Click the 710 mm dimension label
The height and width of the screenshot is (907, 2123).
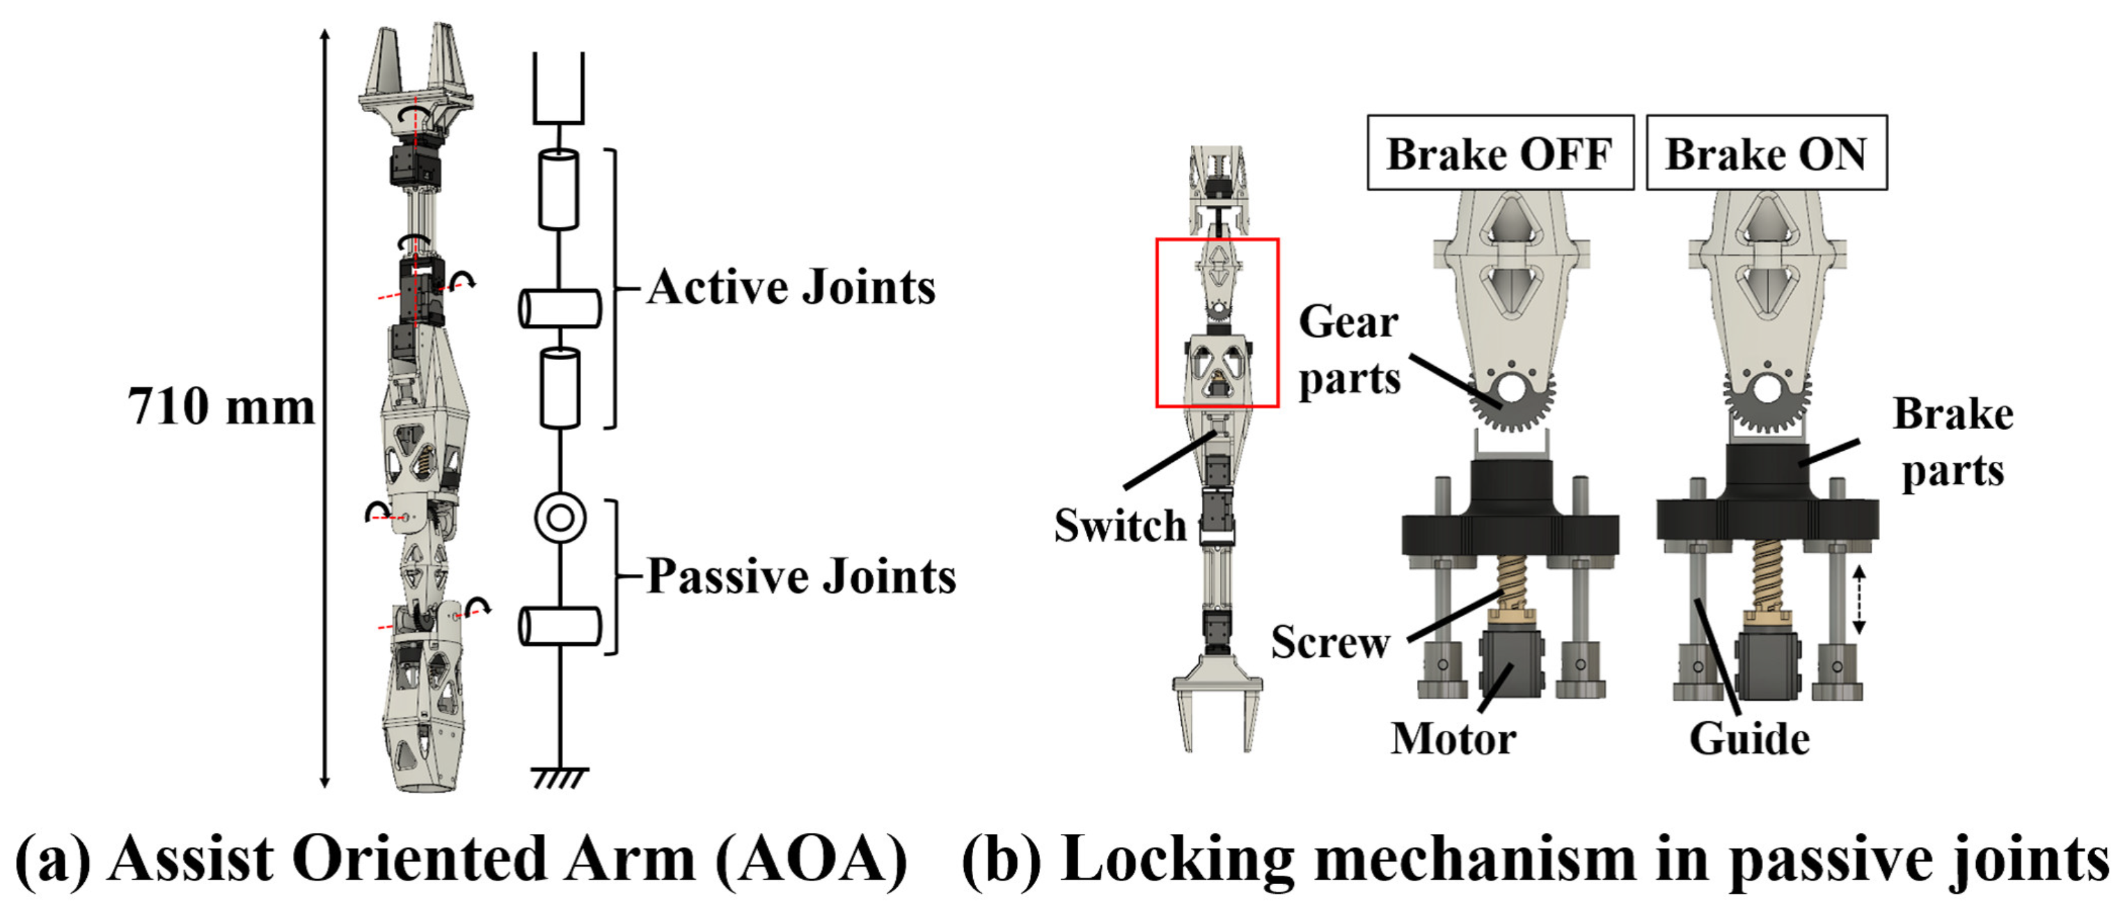pos(221,407)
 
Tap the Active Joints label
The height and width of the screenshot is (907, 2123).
pos(791,288)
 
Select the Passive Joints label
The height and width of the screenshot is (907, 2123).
pos(801,575)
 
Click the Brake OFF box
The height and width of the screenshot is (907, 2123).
pos(1500,153)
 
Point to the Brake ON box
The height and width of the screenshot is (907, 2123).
pos(1766,153)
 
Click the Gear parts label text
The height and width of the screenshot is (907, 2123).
pos(1349,350)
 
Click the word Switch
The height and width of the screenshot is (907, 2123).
pos(1119,525)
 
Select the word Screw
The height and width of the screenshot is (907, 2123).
pos(1330,642)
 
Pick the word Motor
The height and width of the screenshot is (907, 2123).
pos(1453,738)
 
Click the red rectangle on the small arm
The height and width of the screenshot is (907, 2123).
pos(1217,323)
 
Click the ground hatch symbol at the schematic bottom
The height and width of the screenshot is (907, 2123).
pos(560,777)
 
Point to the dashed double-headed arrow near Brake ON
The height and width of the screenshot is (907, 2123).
pos(1858,600)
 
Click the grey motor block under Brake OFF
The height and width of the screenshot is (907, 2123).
pos(1510,665)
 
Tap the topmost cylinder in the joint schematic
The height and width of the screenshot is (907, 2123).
pos(559,189)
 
